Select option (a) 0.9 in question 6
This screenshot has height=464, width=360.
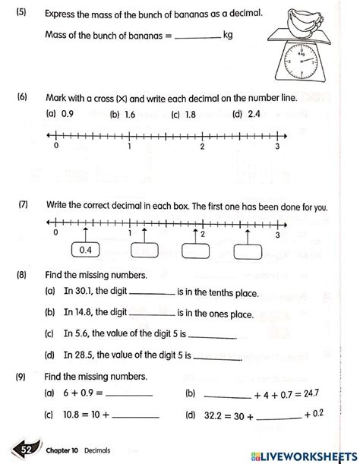tap(62, 115)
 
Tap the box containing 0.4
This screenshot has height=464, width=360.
tap(85, 249)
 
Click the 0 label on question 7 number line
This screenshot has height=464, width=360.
tap(55, 234)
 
